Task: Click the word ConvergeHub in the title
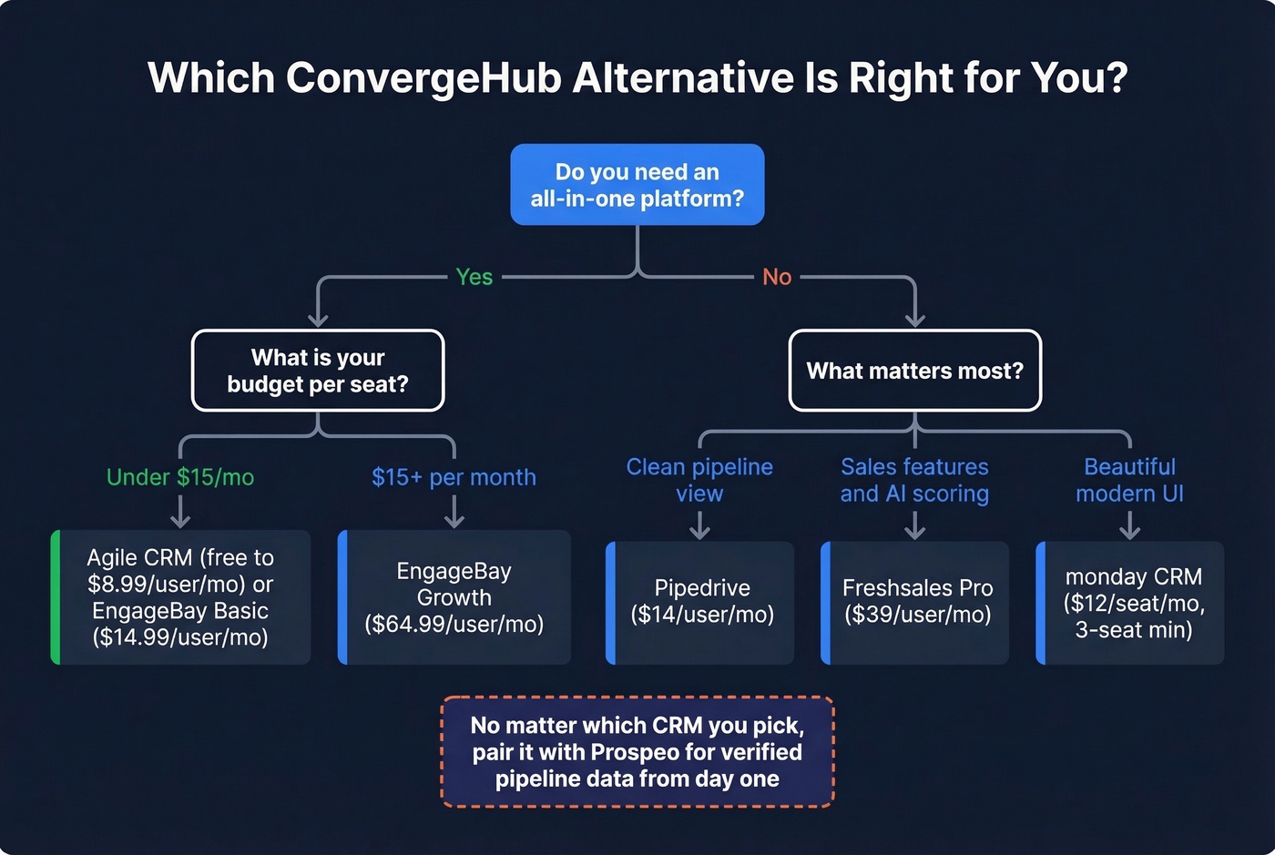tap(423, 78)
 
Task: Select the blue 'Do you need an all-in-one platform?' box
tap(637, 185)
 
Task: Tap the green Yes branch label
tap(474, 277)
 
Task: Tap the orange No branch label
tap(776, 277)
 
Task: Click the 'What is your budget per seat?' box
tap(318, 371)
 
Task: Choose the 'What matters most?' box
tap(914, 371)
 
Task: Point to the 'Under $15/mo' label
tap(180, 477)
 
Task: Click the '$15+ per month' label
tap(454, 477)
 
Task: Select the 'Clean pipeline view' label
tap(699, 480)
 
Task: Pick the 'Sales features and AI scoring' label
tap(914, 480)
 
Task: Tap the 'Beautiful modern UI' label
tap(1129, 480)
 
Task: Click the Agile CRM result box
tap(180, 597)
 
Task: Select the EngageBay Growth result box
tap(454, 597)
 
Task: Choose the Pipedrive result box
tap(701, 602)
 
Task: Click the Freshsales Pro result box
tap(916, 602)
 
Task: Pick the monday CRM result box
tap(1133, 602)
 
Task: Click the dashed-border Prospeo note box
tap(637, 752)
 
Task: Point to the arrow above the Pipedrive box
tap(699, 526)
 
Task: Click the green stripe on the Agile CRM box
tap(56, 597)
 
